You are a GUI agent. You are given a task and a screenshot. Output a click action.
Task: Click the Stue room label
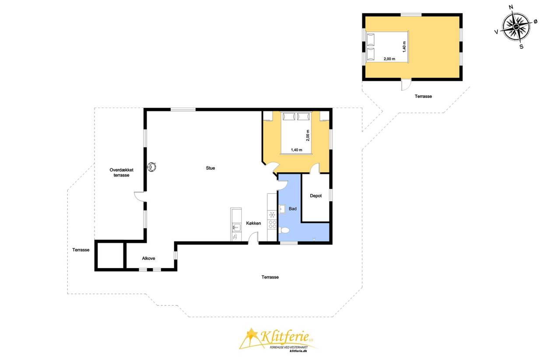click(x=210, y=168)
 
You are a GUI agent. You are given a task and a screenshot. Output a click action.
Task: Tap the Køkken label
click(x=253, y=223)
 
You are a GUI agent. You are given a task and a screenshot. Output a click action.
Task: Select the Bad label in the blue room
click(x=292, y=209)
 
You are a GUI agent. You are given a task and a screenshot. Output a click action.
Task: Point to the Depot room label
click(x=316, y=196)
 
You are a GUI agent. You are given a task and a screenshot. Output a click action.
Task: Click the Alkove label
click(x=148, y=259)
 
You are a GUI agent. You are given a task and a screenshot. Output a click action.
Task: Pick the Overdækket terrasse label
click(x=121, y=172)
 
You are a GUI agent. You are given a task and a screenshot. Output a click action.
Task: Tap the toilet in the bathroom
click(x=284, y=231)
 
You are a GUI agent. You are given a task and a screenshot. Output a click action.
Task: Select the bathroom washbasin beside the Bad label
click(x=282, y=209)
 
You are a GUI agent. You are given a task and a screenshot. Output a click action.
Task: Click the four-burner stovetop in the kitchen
click(x=273, y=224)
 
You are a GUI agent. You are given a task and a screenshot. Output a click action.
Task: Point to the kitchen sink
click(x=236, y=227)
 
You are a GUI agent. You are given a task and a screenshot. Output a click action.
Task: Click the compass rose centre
click(x=516, y=27)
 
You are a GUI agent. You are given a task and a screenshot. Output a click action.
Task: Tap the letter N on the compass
click(x=511, y=7)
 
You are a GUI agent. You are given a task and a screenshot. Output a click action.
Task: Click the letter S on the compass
click(x=521, y=46)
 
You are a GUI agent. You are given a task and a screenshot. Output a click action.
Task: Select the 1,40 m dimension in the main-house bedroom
click(x=297, y=150)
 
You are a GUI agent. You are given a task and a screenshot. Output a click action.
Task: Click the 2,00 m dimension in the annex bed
click(x=389, y=59)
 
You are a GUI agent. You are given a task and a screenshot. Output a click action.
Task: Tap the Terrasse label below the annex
click(x=423, y=96)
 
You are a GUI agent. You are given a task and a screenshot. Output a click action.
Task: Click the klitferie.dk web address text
click(x=298, y=351)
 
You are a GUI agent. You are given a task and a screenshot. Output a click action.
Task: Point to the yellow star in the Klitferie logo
click(x=251, y=333)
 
